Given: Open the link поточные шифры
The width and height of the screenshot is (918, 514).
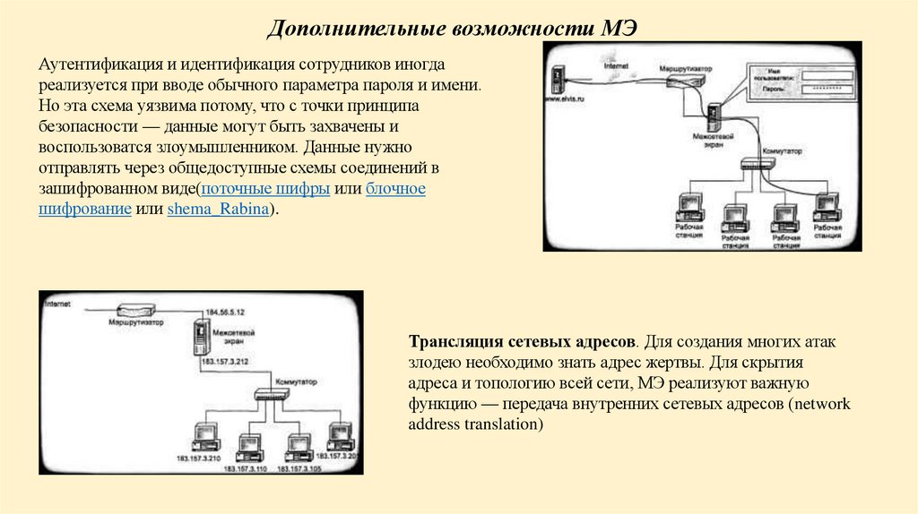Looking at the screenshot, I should (265, 189).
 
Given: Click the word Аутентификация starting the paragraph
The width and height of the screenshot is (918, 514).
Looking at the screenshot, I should (92, 66).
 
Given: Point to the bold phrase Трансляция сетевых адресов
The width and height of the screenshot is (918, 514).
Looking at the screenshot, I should (523, 343).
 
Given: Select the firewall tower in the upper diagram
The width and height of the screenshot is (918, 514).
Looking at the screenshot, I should (715, 116).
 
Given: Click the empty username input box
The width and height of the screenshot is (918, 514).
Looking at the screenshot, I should (824, 73).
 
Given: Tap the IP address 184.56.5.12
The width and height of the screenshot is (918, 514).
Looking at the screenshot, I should (225, 311).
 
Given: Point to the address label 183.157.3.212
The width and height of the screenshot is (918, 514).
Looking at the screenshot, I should (225, 361).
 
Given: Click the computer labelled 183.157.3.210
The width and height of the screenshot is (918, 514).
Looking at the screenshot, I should (205, 436).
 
